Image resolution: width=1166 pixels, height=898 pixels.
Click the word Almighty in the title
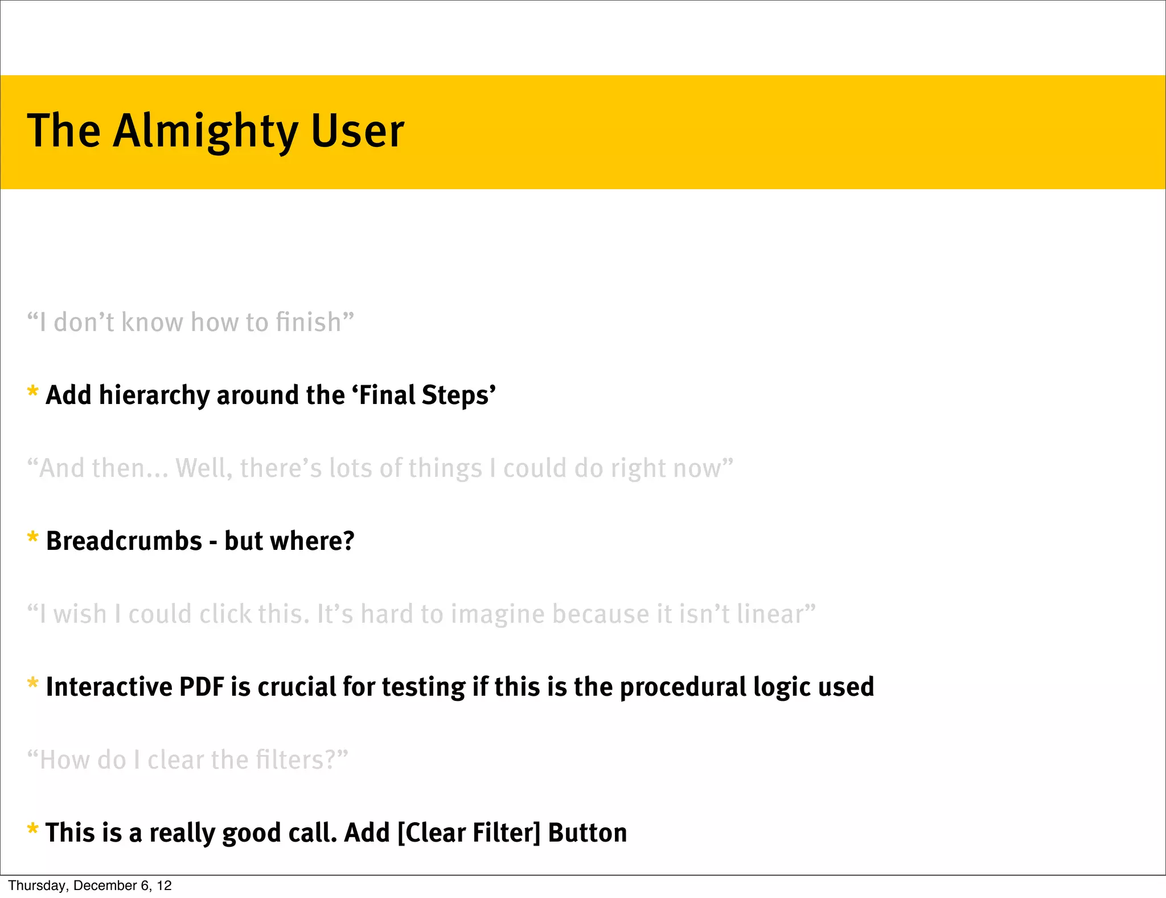click(206, 131)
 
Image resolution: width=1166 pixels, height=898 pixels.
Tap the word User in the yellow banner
click(357, 131)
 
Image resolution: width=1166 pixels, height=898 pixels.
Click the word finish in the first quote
click(307, 323)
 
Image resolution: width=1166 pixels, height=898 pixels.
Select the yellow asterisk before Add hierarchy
click(32, 393)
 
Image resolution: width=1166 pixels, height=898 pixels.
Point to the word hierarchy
click(154, 395)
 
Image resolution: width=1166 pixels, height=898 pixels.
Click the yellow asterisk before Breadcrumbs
click(32, 538)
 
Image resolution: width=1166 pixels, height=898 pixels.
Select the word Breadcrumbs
click(124, 541)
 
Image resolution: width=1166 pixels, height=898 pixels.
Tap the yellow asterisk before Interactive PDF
click(32, 684)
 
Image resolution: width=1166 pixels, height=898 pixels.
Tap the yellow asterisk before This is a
click(32, 830)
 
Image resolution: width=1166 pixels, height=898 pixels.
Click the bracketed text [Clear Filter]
click(469, 833)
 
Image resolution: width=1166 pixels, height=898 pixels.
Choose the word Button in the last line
click(587, 833)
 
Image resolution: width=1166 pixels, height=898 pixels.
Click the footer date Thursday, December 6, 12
click(90, 885)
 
